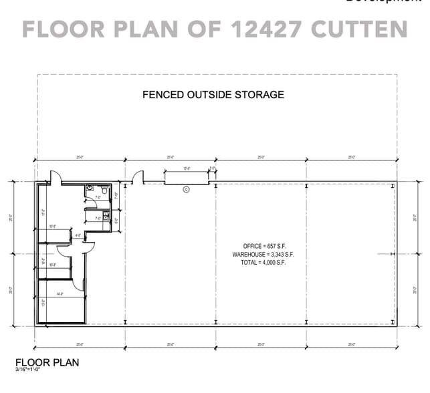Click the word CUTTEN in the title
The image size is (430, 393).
coord(356,29)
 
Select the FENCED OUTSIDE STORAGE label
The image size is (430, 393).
coord(213,94)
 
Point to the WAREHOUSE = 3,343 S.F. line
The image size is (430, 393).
coord(263,255)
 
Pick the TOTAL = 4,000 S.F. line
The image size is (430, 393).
coord(263,263)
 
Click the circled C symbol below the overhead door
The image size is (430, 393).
coord(187,189)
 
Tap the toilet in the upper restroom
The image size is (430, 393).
coord(90,188)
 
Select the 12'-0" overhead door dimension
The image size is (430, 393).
coord(188,169)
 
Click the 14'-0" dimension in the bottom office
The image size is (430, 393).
coord(60,294)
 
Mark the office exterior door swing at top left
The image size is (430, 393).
coord(55,177)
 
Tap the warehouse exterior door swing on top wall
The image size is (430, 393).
coord(137,178)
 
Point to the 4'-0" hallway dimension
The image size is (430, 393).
coord(78,236)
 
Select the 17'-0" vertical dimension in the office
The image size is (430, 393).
coord(44,213)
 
